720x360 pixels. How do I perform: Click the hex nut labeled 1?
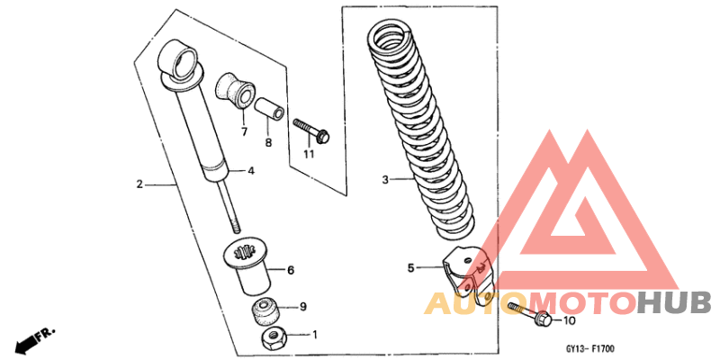coord(274,339)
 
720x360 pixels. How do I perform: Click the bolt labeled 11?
coord(311,130)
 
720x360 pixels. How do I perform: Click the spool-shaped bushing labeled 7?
coord(235,91)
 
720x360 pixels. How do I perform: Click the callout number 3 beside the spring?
coord(385,178)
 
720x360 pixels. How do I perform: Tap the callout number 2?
coord(139,184)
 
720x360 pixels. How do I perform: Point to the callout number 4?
coord(251,171)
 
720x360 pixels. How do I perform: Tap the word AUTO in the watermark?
coord(475,303)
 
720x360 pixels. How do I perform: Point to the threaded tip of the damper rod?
coord(235,228)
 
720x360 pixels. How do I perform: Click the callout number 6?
coord(291,271)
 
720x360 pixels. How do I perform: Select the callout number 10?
coord(569,321)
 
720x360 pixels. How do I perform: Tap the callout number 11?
coord(309,154)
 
